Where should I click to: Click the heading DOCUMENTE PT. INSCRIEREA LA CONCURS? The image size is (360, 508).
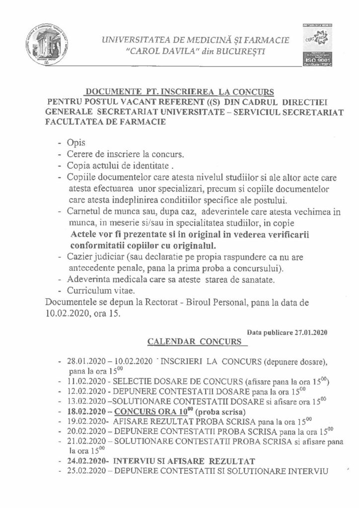coord(180,91)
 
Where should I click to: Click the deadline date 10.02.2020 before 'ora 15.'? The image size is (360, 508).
coord(68,313)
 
